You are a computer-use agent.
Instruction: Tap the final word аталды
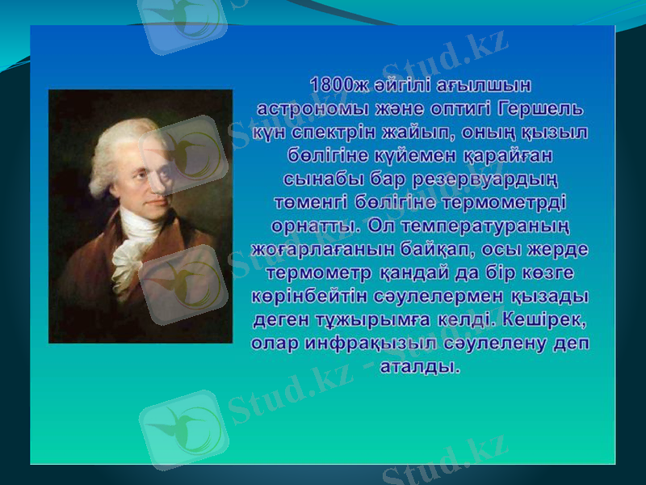pos(420,366)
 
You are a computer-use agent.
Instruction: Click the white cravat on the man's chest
pos(133,242)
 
